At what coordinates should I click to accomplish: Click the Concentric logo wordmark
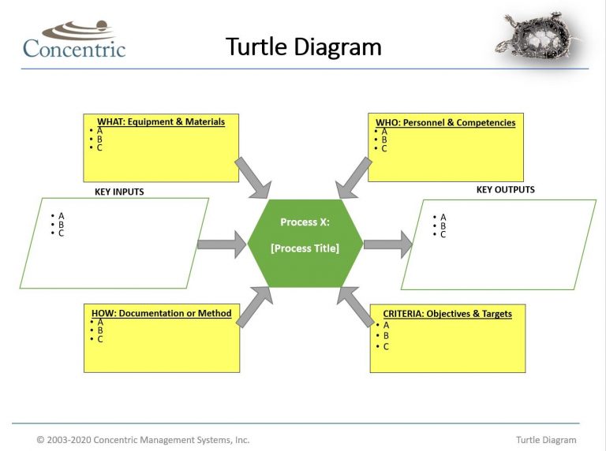point(74,48)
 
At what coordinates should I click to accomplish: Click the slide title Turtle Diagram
point(304,47)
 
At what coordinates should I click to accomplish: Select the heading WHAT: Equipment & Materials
point(161,122)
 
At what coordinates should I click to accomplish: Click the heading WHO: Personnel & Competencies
point(444,123)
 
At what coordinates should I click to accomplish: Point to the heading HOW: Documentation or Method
point(161,314)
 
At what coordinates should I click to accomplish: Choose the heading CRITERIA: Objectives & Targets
point(447,314)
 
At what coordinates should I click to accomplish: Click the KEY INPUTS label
point(119,192)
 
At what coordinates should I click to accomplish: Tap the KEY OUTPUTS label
point(505,190)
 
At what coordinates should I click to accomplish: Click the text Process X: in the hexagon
point(305,222)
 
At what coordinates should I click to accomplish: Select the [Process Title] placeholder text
point(305,248)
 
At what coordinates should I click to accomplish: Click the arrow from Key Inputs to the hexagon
point(222,244)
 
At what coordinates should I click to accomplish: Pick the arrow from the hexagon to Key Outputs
point(387,244)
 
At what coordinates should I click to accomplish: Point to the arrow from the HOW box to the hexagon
point(255,306)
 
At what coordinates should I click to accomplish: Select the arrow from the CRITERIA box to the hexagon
point(354,306)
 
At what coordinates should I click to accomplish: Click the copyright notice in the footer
point(143,440)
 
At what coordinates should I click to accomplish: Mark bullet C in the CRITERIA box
point(385,347)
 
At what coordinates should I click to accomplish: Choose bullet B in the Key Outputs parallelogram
point(443,225)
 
